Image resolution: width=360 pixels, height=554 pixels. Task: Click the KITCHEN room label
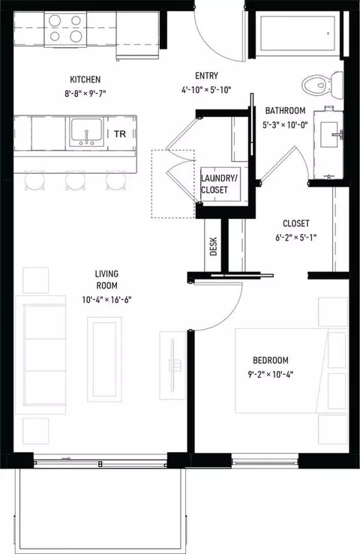[85, 79]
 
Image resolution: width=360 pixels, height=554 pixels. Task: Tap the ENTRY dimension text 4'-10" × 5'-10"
[206, 90]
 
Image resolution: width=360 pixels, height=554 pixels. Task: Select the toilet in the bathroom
[322, 85]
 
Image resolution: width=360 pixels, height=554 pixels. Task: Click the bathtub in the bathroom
[298, 33]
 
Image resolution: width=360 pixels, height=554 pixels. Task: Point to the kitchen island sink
[87, 132]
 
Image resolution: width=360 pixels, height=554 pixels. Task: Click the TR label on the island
[120, 134]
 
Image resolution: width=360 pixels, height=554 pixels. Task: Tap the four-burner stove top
[65, 28]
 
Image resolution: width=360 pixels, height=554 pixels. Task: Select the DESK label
[214, 246]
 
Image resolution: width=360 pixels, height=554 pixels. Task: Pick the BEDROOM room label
[271, 361]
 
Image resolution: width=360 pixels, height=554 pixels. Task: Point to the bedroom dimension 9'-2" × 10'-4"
[271, 374]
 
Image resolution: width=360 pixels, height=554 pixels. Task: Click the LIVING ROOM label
[106, 280]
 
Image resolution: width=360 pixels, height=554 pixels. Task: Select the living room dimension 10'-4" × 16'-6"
[106, 300]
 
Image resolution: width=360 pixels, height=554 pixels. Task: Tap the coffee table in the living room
[105, 359]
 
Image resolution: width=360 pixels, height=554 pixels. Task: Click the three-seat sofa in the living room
[40, 355]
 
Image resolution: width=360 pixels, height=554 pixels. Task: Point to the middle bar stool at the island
[76, 180]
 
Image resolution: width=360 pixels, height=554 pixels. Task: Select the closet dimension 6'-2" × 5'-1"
[296, 238]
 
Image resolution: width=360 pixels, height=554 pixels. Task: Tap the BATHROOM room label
[285, 111]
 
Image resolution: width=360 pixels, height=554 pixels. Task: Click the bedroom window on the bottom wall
[265, 461]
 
